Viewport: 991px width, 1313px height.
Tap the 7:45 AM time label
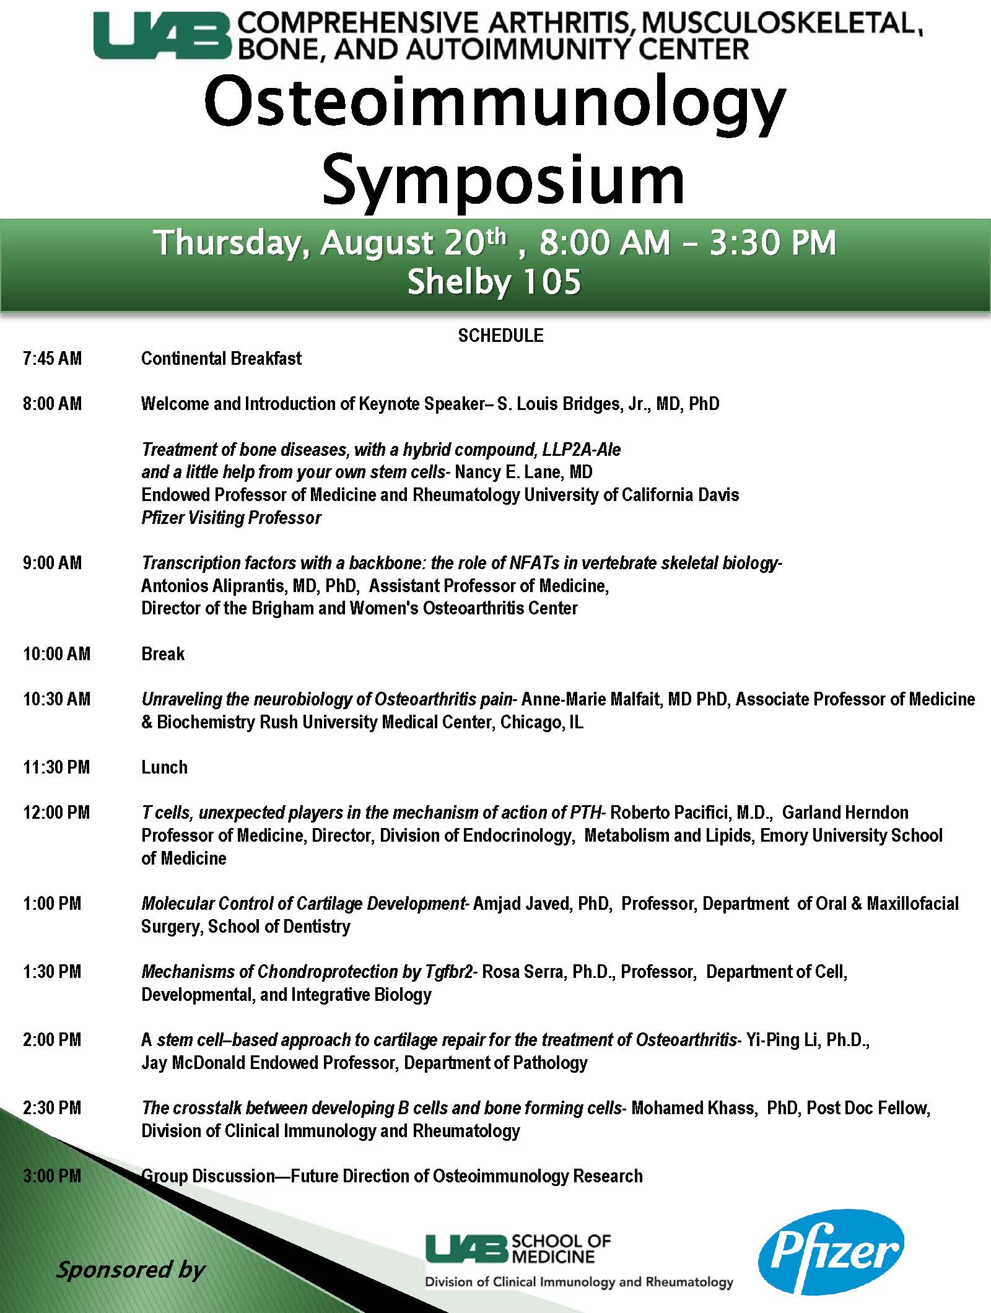52,359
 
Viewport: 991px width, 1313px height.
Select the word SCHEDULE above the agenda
500,336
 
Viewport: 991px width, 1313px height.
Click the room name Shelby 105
494,282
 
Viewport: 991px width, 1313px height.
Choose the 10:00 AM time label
56,654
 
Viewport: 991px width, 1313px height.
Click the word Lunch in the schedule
164,767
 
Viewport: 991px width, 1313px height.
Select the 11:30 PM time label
56,767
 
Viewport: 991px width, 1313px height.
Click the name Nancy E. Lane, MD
523,473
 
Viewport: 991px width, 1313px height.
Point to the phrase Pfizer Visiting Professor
231,518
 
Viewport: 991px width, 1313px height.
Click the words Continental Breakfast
221,359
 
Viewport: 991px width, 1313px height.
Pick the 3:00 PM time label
52,1176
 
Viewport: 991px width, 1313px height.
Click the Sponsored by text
130,1270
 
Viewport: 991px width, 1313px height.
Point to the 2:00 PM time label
52,1040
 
